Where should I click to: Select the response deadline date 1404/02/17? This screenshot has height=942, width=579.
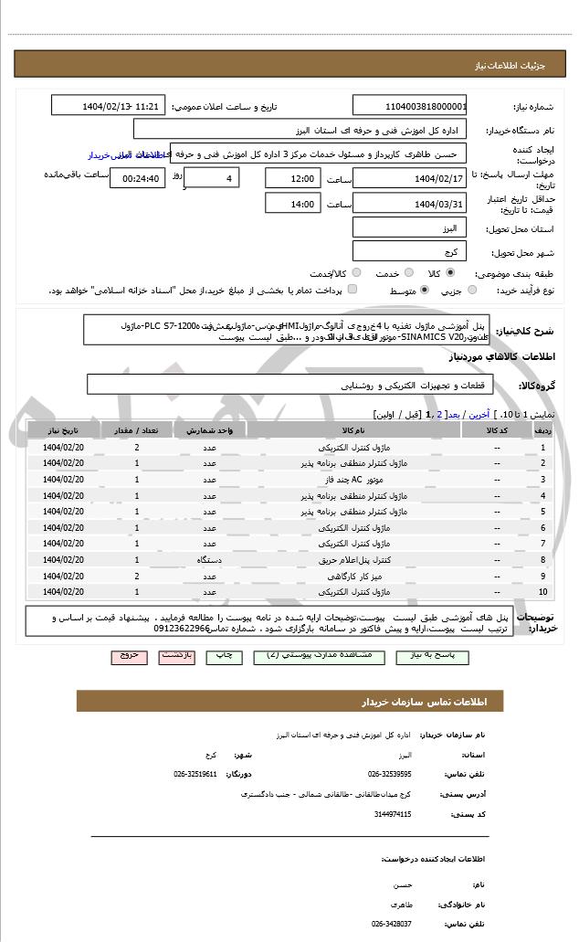pos(409,177)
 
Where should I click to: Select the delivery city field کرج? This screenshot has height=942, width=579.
pos(409,251)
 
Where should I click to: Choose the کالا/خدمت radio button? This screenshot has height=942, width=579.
pos(356,273)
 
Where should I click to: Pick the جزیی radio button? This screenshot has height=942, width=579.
pos(472,291)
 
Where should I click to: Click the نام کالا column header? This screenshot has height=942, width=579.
pos(351,430)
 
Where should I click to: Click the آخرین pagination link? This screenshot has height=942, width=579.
pos(479,413)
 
